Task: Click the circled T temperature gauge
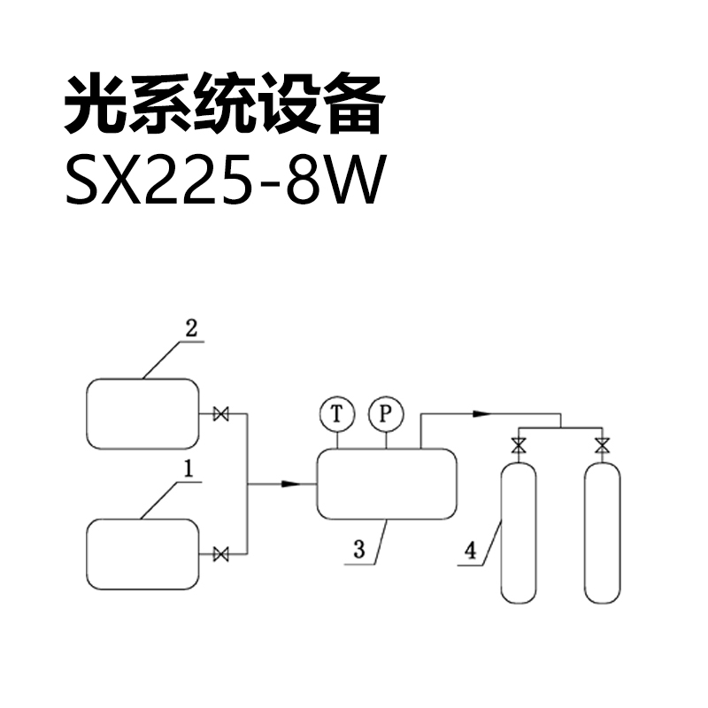click(337, 414)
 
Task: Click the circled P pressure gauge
click(386, 414)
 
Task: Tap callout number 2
click(191, 328)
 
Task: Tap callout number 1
click(189, 469)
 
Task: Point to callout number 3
click(359, 550)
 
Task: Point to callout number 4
click(471, 550)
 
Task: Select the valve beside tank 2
click(221, 414)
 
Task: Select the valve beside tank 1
click(221, 554)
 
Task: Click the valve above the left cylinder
click(519, 446)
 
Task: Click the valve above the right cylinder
click(602, 446)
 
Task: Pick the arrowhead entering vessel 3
click(291, 484)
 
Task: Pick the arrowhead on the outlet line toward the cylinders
click(481, 413)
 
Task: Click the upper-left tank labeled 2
click(142, 414)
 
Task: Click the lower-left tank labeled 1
click(142, 555)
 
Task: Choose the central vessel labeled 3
click(387, 484)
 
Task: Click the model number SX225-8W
click(226, 181)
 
